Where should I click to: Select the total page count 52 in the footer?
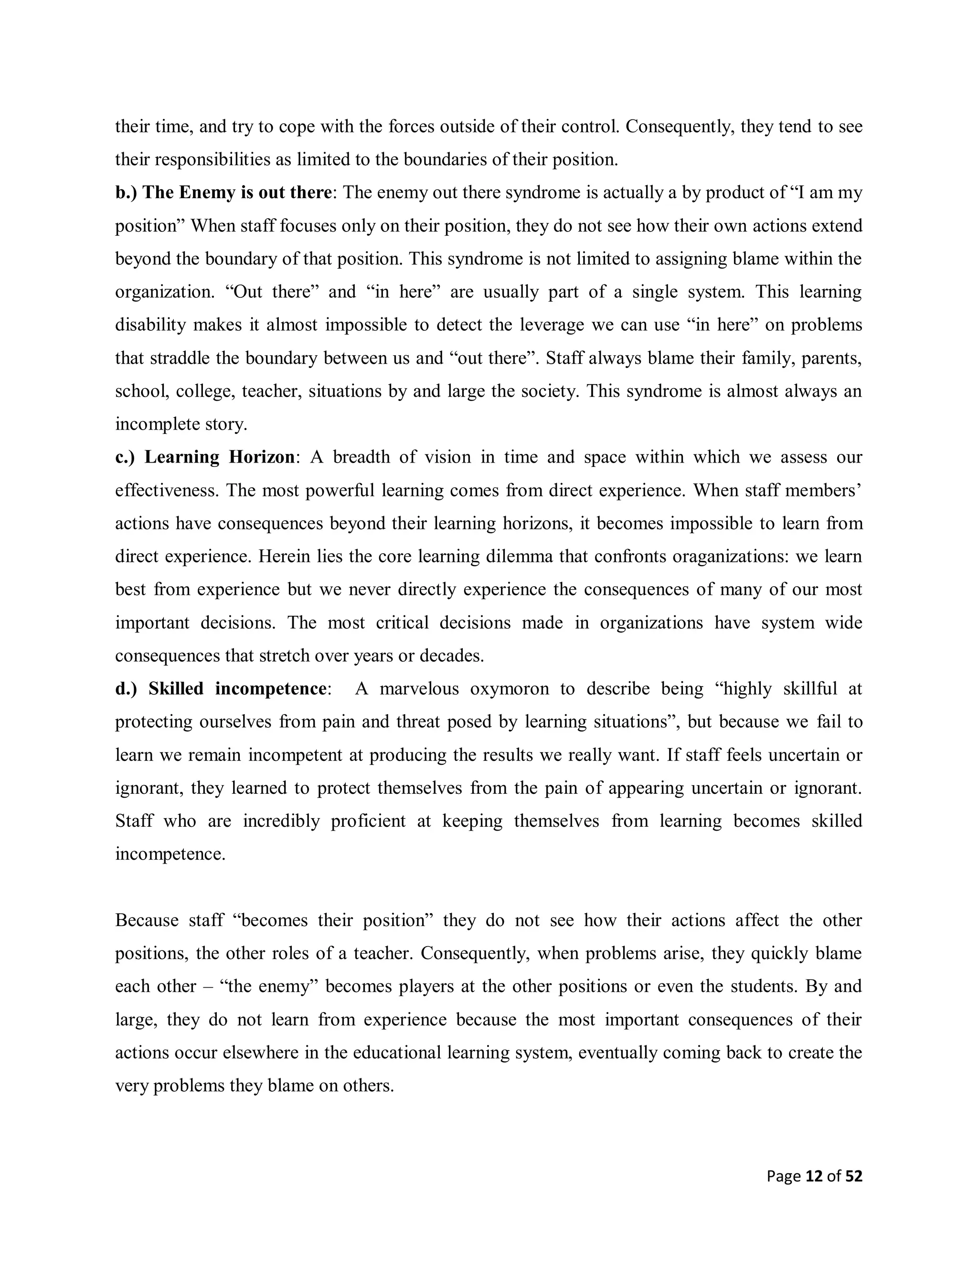pos(854,1176)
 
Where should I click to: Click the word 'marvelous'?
pos(419,689)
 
